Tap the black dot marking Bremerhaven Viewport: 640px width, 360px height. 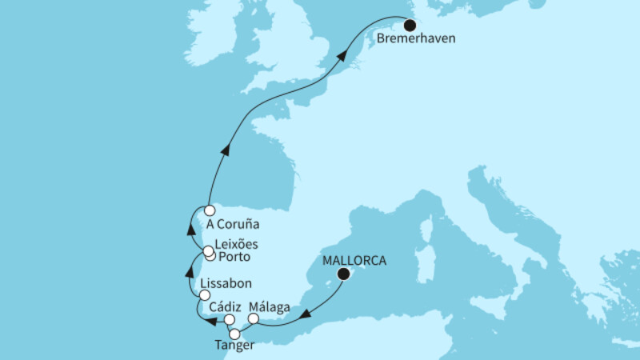(x=409, y=23)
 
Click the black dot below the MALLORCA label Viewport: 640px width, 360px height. (x=343, y=274)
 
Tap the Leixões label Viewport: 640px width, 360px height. (x=238, y=245)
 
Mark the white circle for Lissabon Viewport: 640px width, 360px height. (x=204, y=295)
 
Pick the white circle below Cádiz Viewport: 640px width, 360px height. (x=230, y=320)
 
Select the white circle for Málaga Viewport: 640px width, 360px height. (x=254, y=318)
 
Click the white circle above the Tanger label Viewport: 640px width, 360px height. (x=235, y=334)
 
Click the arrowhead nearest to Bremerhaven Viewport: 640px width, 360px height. (x=342, y=57)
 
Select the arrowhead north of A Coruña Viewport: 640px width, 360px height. (x=226, y=149)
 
